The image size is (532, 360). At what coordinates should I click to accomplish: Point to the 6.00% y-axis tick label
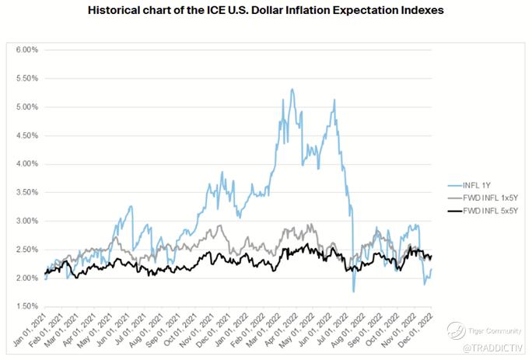(26, 50)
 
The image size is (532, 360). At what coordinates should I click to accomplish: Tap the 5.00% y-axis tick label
(26, 107)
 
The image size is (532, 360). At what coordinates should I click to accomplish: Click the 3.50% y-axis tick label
(26, 192)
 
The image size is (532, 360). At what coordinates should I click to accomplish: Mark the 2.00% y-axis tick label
(26, 278)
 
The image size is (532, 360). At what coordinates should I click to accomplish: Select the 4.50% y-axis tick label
(26, 135)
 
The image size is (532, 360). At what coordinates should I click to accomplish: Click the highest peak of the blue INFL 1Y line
(292, 89)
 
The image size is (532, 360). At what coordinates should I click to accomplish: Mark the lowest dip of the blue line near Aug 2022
(354, 291)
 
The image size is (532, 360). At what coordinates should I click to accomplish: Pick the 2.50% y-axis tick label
(26, 249)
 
